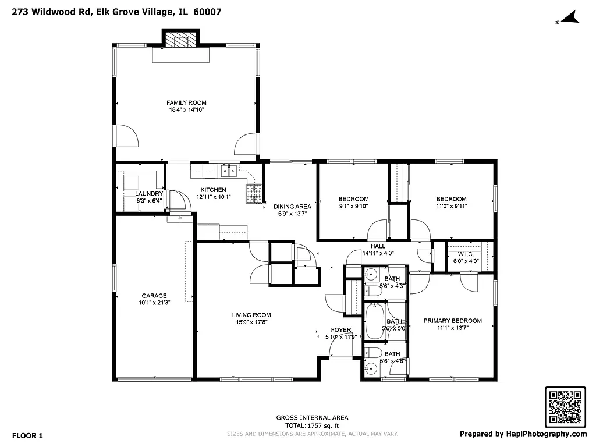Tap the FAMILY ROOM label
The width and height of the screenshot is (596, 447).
click(186, 103)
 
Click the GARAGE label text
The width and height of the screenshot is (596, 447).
click(154, 296)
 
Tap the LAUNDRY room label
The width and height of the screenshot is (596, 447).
click(149, 194)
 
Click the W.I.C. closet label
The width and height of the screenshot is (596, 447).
click(466, 254)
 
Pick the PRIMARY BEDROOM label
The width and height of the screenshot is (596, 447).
click(452, 321)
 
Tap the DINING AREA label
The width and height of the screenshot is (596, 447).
click(292, 207)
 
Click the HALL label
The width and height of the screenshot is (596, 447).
click(378, 246)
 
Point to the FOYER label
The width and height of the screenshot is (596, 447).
click(340, 330)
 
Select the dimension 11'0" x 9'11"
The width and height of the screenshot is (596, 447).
click(451, 205)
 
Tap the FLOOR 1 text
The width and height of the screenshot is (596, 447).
click(27, 435)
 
